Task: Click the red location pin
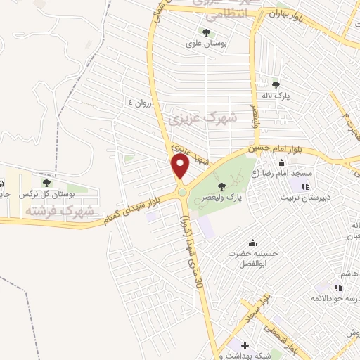(181, 166)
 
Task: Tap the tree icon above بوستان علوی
(206, 32)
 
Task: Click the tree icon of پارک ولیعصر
(222, 186)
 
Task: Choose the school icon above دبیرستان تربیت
(304, 186)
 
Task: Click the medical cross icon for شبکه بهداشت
(244, 345)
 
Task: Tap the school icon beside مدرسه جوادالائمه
(338, 288)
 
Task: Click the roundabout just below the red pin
(182, 191)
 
